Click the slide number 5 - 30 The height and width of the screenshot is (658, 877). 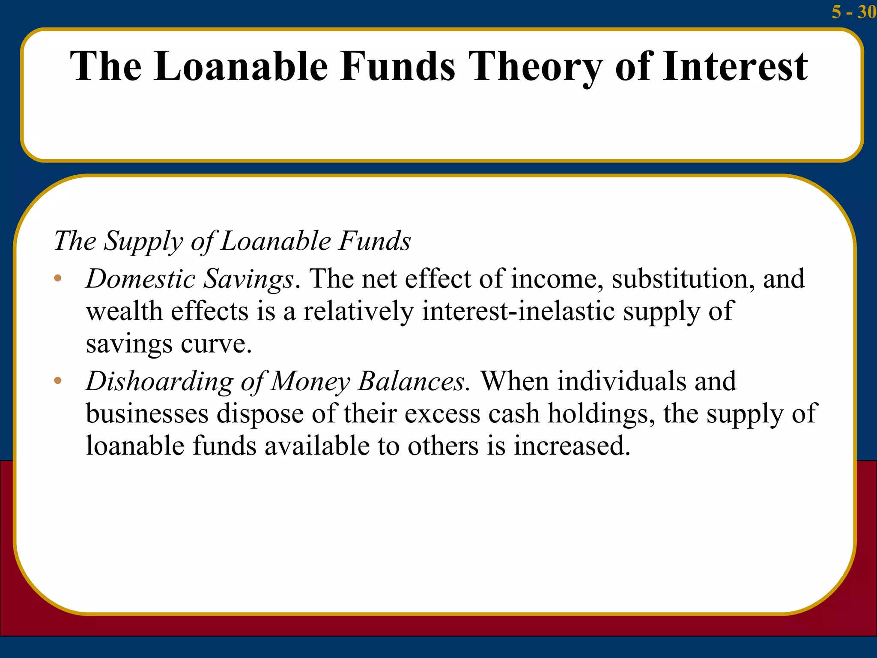click(x=853, y=12)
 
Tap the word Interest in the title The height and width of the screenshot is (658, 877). click(x=735, y=67)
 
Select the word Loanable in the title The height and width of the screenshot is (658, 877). click(x=241, y=67)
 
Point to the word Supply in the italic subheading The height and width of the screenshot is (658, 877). click(x=143, y=241)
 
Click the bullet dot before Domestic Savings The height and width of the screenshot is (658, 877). click(x=58, y=279)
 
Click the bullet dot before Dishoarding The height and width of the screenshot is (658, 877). click(x=58, y=381)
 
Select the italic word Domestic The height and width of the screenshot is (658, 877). click(x=140, y=279)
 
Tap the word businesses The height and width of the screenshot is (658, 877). click(x=147, y=413)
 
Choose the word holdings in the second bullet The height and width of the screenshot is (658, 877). click(x=600, y=414)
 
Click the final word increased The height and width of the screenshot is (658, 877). click(x=571, y=446)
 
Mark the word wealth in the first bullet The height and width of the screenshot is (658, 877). click(x=124, y=311)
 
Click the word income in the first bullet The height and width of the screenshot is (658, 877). click(x=554, y=279)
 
